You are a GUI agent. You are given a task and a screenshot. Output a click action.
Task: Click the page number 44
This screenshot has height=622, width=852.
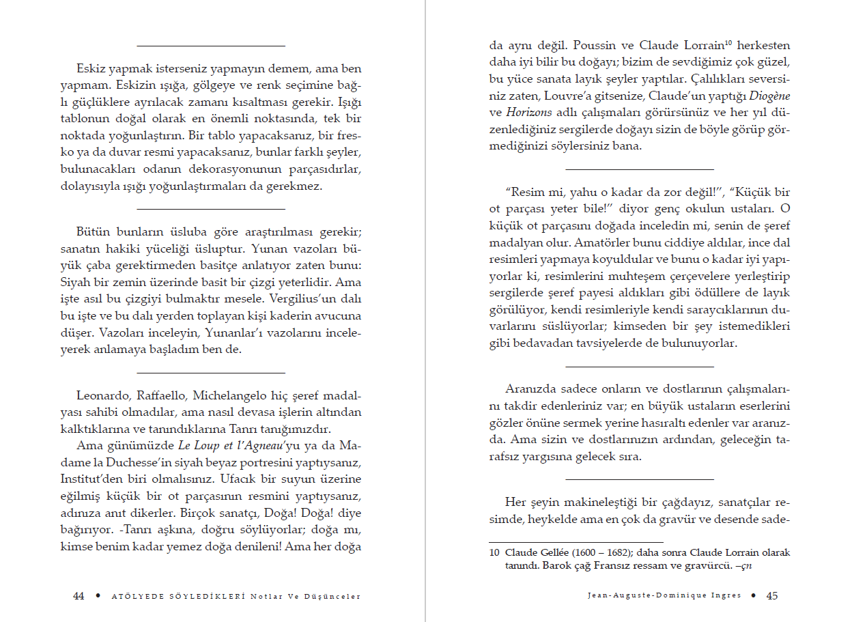79,596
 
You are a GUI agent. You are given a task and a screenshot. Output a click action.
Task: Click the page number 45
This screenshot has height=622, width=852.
772,595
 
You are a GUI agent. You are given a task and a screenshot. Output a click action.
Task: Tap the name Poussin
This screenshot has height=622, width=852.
596,46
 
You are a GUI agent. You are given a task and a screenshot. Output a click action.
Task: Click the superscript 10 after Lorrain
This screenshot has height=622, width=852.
728,42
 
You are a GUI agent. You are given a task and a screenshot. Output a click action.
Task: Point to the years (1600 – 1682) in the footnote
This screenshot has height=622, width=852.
595,552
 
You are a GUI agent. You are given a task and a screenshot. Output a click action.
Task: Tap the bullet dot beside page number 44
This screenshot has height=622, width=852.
98,595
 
